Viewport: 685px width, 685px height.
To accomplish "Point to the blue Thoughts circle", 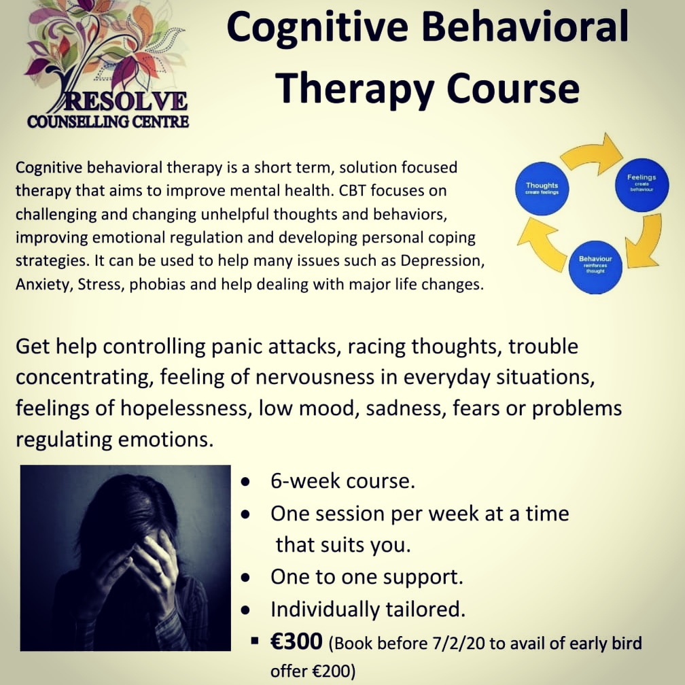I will point(541,188).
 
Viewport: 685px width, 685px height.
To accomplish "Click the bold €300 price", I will point(297,642).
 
